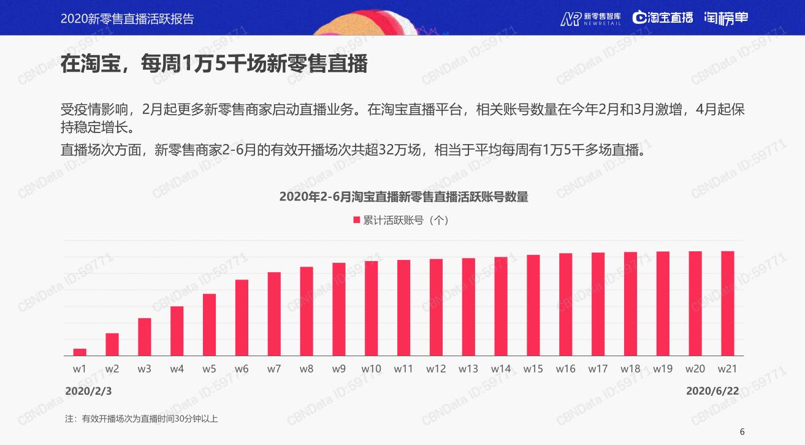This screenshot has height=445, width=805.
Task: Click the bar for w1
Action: tap(80, 352)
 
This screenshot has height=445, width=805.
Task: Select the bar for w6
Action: tap(242, 318)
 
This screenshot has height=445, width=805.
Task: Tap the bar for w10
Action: tap(371, 308)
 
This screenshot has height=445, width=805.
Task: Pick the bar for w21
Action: tap(727, 303)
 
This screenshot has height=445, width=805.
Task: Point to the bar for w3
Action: tap(145, 337)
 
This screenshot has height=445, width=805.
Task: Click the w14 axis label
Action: tap(501, 369)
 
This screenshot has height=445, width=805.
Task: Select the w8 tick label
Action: tap(307, 369)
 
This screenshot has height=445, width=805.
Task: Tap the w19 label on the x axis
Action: tap(663, 369)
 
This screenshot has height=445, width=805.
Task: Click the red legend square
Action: tap(356, 220)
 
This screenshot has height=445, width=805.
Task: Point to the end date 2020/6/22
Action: tap(712, 390)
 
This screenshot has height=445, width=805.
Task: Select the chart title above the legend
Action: tap(403, 197)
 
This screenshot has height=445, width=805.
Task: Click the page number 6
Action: tap(742, 432)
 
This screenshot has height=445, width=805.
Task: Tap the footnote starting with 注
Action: tap(142, 419)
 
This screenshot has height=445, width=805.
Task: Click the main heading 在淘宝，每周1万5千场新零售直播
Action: tap(214, 64)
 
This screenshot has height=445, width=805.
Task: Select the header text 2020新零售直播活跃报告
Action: tap(128, 18)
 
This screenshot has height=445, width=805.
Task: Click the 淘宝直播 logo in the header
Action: tap(663, 18)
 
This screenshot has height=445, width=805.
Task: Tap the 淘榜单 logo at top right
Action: tap(726, 18)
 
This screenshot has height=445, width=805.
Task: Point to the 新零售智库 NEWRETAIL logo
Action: tap(590, 18)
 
